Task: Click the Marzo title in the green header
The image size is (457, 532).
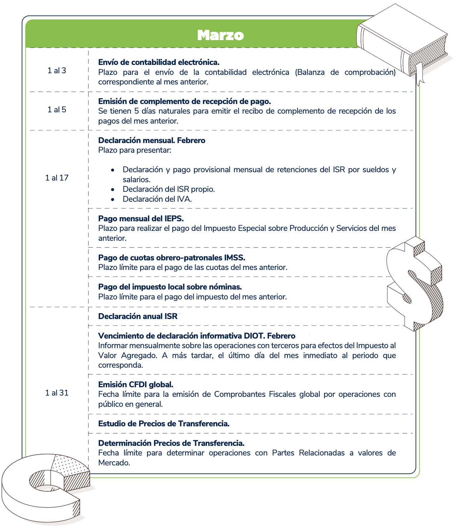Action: (x=220, y=35)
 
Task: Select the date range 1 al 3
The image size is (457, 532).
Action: (x=57, y=71)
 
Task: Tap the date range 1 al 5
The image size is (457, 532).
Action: (x=57, y=110)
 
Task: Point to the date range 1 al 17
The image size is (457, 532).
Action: (x=57, y=178)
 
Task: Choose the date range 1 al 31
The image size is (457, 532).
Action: (x=57, y=393)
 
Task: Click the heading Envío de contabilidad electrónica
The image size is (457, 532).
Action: (x=159, y=62)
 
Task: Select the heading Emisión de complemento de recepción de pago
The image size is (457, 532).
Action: (x=184, y=101)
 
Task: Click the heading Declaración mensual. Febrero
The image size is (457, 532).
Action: (x=152, y=140)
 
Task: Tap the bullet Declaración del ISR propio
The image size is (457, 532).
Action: (x=169, y=189)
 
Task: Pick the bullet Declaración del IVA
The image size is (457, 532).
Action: (x=157, y=199)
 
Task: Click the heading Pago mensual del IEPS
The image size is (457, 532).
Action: (x=141, y=219)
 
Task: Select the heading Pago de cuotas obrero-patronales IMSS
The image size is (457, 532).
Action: (x=172, y=258)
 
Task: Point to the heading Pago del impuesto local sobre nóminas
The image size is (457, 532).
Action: (x=170, y=287)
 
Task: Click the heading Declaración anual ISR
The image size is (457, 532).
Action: (x=138, y=316)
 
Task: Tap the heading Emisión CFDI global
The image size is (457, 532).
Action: (x=136, y=385)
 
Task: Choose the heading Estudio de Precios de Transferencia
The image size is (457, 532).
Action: (x=164, y=424)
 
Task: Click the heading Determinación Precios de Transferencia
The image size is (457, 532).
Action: (x=171, y=443)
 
